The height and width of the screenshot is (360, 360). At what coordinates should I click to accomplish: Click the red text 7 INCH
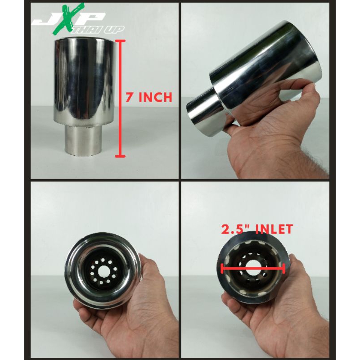pyautogui.click(x=149, y=97)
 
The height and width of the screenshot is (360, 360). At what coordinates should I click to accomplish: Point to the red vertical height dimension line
pyautogui.click(x=120, y=99)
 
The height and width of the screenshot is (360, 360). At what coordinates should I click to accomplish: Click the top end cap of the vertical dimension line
pyautogui.click(x=120, y=41)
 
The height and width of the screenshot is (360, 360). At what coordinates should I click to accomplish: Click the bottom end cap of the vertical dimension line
pyautogui.click(x=120, y=156)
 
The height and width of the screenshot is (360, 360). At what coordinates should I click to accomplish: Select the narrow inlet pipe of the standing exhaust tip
pyautogui.click(x=84, y=140)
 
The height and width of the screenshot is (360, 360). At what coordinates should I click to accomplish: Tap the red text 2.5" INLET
pyautogui.click(x=257, y=229)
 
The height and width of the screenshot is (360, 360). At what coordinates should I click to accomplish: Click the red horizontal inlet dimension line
pyautogui.click(x=253, y=268)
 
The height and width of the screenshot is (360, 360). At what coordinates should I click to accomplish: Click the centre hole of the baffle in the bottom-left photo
pyautogui.click(x=103, y=271)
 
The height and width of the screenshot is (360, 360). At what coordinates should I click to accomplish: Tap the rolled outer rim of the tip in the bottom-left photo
pyautogui.click(x=69, y=271)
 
